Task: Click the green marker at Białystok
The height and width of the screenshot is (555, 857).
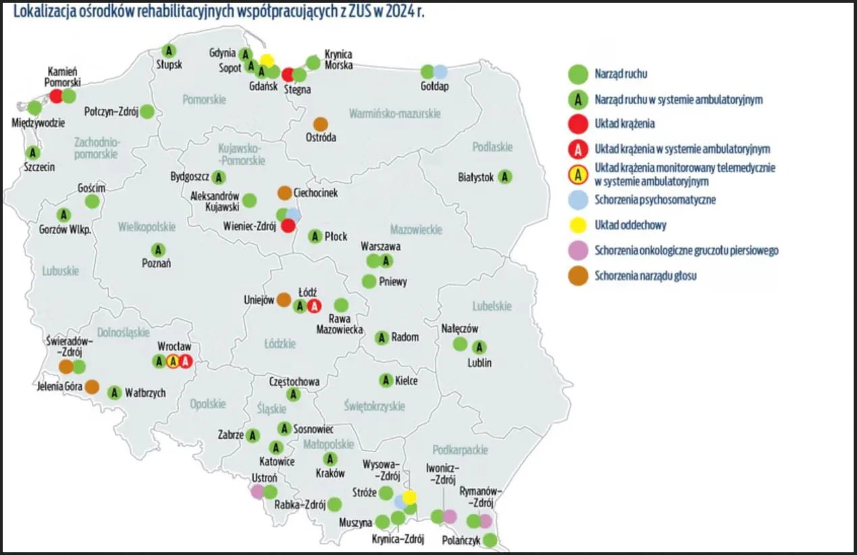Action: click(504, 177)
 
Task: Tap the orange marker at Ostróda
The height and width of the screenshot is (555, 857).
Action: click(321, 124)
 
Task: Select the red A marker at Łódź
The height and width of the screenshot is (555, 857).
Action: click(314, 306)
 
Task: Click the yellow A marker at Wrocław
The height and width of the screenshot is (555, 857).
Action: click(173, 362)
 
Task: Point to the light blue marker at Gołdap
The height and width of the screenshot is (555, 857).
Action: click(440, 71)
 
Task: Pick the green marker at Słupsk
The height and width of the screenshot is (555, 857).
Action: click(170, 51)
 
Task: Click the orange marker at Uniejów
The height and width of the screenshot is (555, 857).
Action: click(284, 299)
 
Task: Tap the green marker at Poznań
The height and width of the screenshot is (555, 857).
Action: click(158, 250)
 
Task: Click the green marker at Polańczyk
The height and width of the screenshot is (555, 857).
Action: click(490, 540)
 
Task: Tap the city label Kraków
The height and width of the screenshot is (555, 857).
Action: click(330, 474)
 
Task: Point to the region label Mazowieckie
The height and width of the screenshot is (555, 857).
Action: click(416, 230)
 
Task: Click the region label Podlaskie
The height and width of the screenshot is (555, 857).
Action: click(492, 147)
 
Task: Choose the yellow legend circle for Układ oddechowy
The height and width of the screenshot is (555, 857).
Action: click(577, 225)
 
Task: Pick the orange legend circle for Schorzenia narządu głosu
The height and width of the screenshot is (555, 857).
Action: click(577, 276)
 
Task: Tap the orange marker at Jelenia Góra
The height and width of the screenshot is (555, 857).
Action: click(92, 387)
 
